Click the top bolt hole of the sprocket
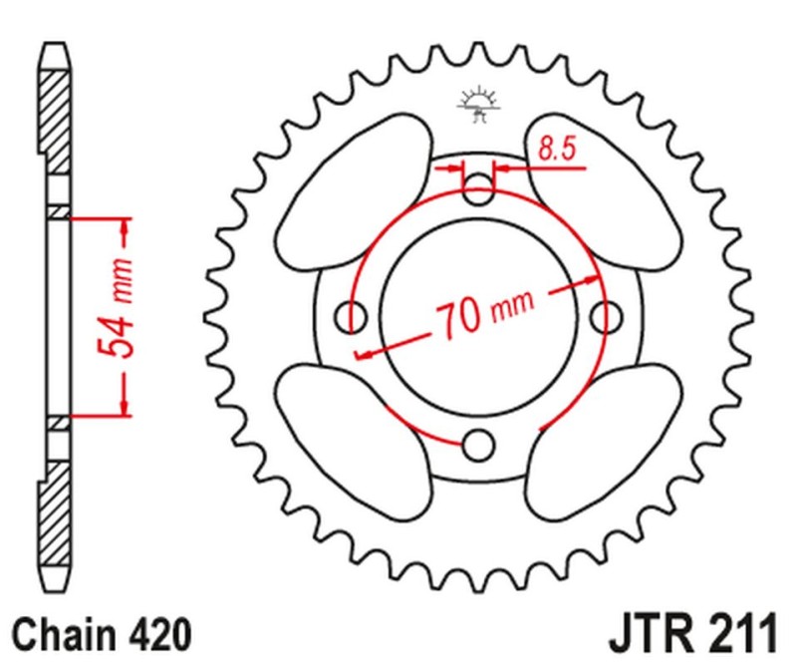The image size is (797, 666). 478,189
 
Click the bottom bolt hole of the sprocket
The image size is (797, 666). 478,446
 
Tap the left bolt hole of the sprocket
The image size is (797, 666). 351,317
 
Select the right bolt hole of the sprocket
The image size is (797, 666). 607,317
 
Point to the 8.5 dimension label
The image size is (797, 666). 557,150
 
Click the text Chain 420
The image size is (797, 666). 102,634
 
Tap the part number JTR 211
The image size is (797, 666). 693,633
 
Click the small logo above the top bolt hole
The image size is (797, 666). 478,106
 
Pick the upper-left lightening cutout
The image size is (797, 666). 355,191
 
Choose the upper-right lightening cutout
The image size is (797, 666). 604,191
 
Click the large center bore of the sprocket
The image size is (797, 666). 478,317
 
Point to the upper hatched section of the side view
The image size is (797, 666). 54,122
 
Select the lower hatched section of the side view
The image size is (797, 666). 54,512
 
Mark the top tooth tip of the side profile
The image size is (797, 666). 54,45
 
